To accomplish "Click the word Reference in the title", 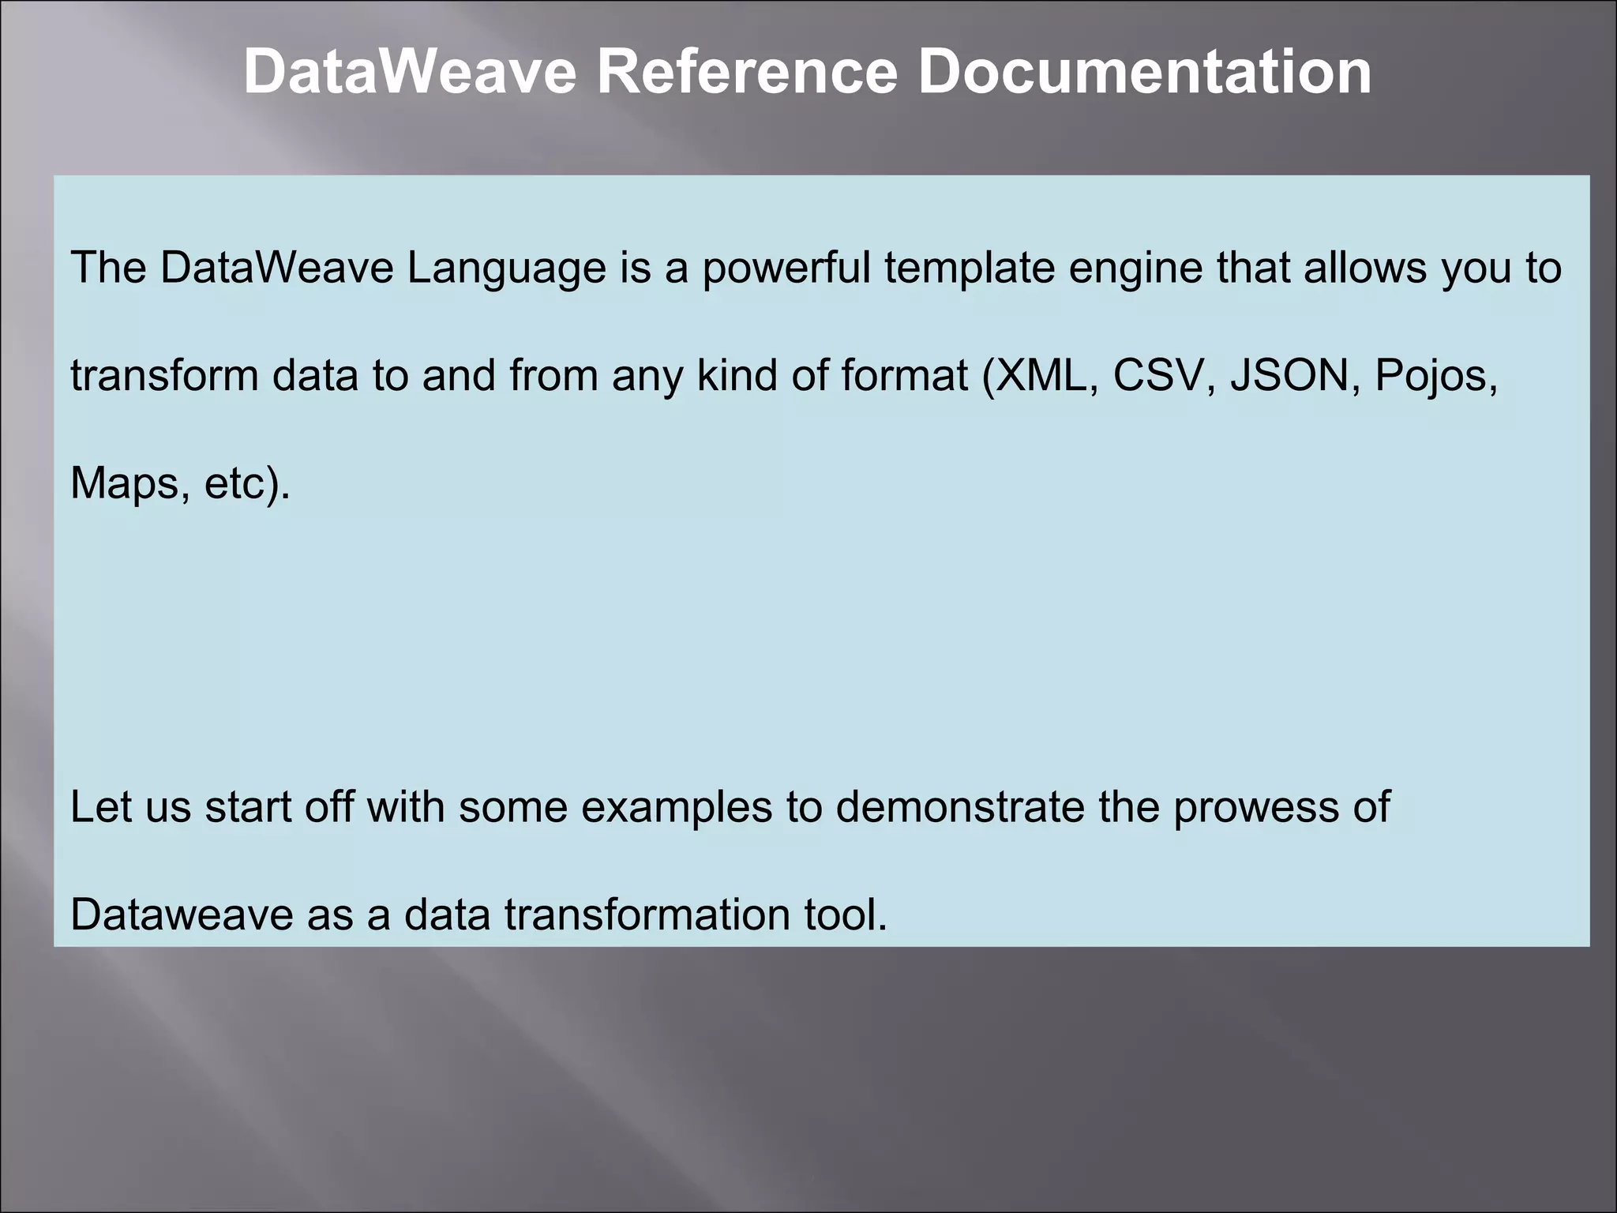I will point(746,72).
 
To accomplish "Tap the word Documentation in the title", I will point(1144,72).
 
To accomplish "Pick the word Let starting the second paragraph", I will point(100,807).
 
